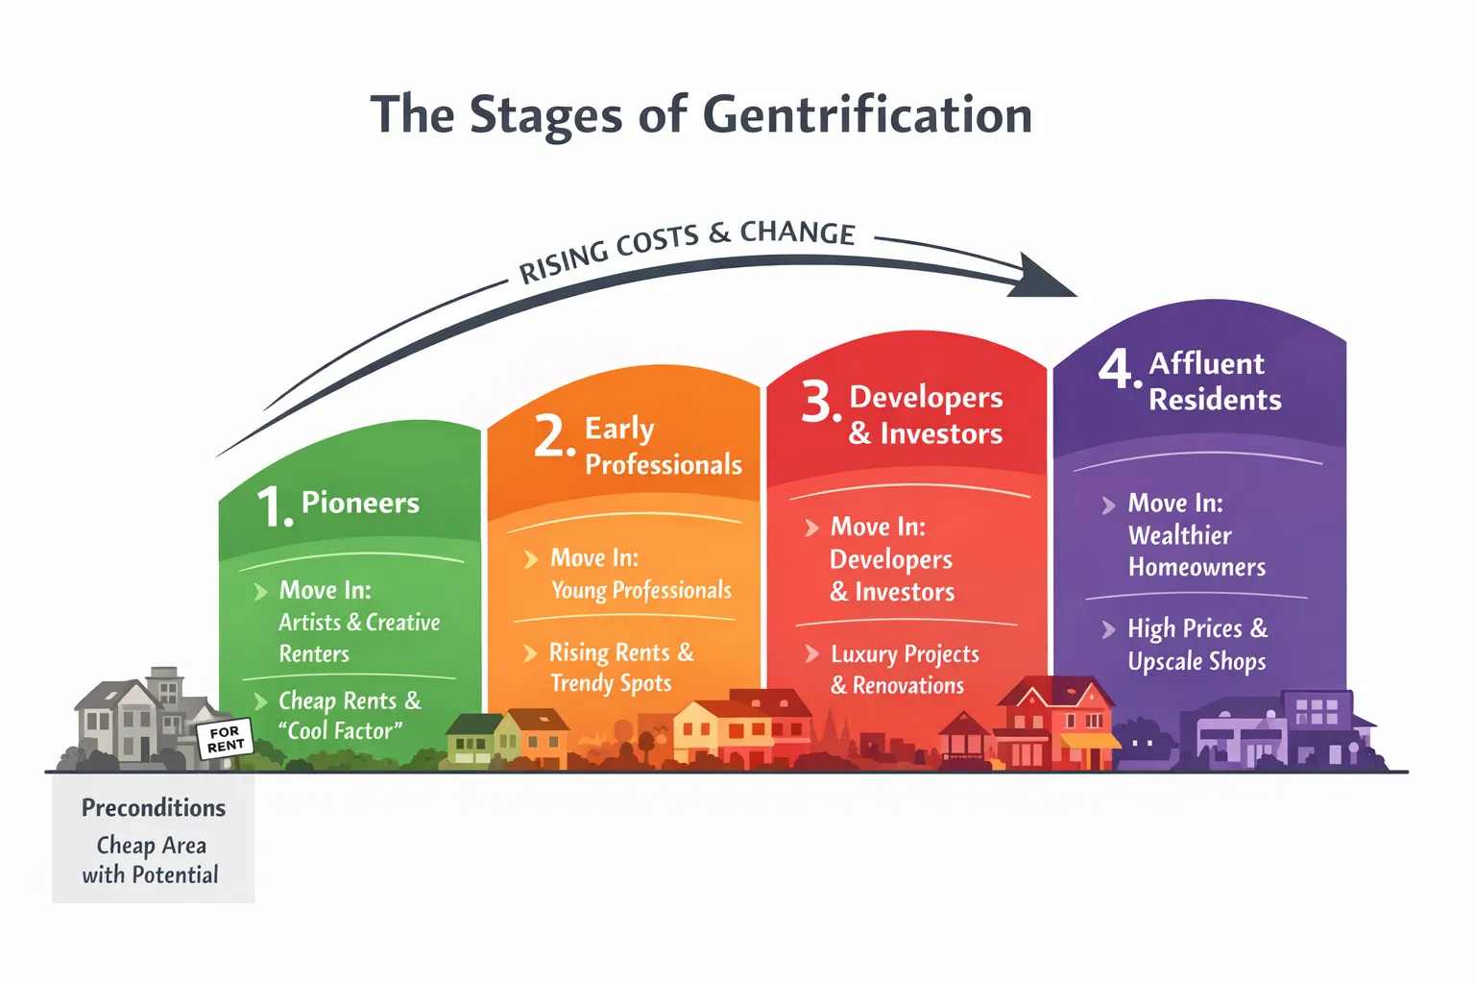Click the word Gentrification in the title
(867, 115)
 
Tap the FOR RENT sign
(226, 739)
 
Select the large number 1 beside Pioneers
(273, 505)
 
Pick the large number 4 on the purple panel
(1118, 368)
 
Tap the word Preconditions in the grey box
(154, 807)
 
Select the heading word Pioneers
(360, 503)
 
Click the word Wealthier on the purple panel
(1179, 535)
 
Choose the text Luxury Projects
(905, 654)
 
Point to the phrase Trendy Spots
(611, 683)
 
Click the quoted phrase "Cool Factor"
(340, 731)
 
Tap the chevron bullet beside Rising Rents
(530, 653)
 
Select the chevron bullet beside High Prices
(1108, 629)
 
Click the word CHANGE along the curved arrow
(797, 233)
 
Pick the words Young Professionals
(641, 590)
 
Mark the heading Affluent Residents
(1215, 381)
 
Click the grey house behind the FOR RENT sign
(134, 716)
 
